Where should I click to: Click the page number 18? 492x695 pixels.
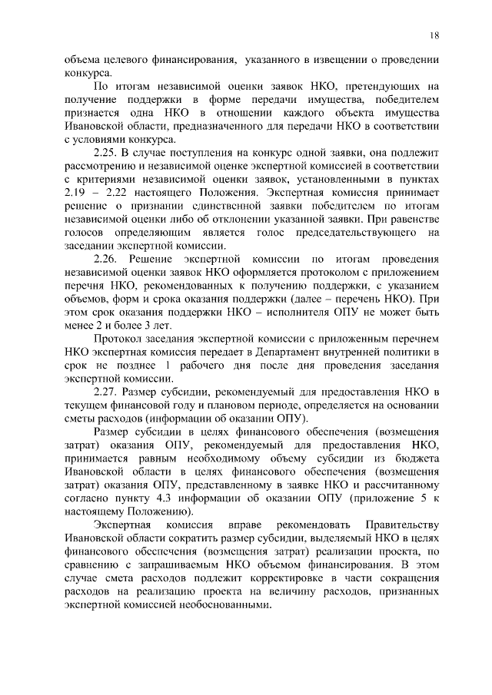435,35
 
